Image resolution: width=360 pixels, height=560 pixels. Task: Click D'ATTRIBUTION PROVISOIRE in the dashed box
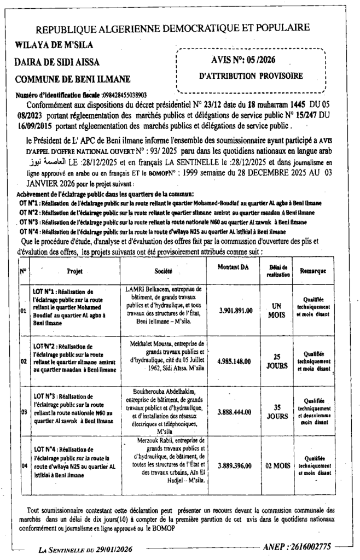pos(251,75)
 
